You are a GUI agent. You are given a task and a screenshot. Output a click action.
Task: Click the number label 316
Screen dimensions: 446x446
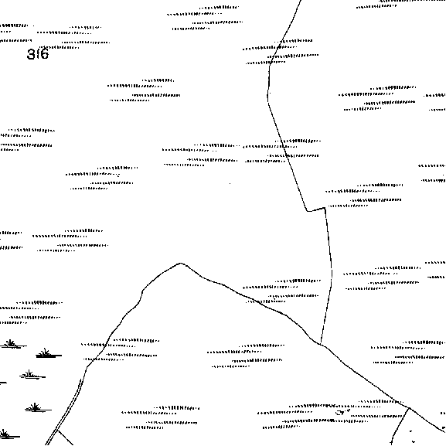click(x=38, y=54)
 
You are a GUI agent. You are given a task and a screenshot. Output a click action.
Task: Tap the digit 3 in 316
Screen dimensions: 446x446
click(x=30, y=54)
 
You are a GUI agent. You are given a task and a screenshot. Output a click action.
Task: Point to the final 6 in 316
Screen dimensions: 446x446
click(x=45, y=54)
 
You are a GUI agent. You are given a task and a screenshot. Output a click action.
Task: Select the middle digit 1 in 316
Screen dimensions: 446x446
click(x=38, y=54)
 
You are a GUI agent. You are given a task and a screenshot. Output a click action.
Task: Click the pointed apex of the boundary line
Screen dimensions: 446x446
click(x=181, y=264)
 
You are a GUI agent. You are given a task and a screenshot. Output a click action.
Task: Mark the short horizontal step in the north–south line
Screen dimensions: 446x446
click(x=315, y=209)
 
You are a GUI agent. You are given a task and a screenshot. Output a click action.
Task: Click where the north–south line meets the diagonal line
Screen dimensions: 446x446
click(x=321, y=344)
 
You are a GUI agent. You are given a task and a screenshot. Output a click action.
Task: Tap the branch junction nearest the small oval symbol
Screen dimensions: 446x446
click(x=410, y=408)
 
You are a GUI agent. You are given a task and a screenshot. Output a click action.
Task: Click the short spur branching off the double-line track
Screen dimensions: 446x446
click(x=65, y=437)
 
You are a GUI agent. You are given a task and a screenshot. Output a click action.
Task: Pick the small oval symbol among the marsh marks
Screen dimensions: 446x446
click(x=340, y=413)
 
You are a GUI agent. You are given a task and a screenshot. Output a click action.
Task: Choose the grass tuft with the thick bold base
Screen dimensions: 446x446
click(x=49, y=353)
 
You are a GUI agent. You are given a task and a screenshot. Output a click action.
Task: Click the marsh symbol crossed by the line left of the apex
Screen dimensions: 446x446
click(x=120, y=350)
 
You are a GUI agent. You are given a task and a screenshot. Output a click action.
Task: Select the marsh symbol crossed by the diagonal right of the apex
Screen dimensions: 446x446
click(x=281, y=291)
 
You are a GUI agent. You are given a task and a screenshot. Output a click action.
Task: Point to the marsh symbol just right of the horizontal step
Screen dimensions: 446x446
click(x=364, y=196)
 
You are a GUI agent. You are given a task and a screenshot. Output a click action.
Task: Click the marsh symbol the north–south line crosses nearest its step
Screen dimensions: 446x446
click(x=282, y=152)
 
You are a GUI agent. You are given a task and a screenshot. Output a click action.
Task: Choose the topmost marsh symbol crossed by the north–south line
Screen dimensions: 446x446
click(x=281, y=52)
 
